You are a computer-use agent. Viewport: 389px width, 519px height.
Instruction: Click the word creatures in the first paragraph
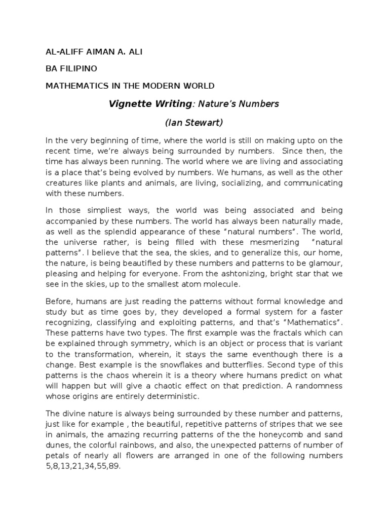pos(66,183)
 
